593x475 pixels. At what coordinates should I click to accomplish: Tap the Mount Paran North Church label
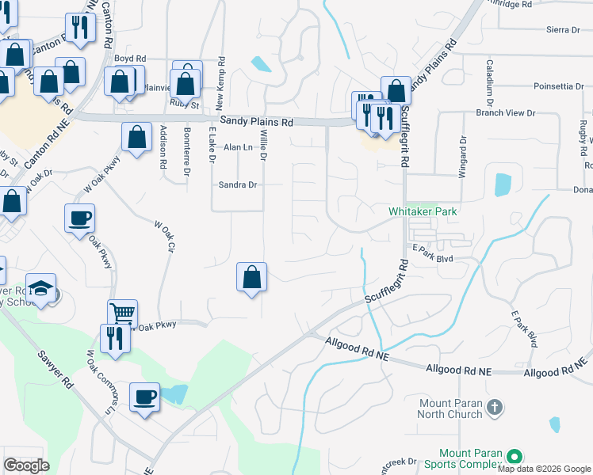(x=450, y=408)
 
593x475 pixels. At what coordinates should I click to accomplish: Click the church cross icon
(x=495, y=408)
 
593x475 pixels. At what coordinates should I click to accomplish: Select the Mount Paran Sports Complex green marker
(x=514, y=457)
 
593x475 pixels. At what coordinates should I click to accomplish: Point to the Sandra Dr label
(x=238, y=185)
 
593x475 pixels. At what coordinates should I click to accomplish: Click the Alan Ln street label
(x=237, y=147)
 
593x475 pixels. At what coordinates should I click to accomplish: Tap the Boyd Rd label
(x=130, y=59)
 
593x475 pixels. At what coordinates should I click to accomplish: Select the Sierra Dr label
(x=564, y=30)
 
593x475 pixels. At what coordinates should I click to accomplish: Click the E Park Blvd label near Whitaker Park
(x=432, y=258)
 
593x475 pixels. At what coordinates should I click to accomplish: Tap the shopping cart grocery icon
(x=123, y=312)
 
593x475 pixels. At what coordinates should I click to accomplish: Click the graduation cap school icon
(x=40, y=287)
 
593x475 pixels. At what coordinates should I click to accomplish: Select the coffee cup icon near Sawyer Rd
(x=144, y=396)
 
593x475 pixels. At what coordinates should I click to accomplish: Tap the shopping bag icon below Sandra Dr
(x=251, y=276)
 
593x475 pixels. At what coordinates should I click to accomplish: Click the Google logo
(x=26, y=465)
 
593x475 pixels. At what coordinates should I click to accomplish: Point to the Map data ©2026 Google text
(x=543, y=469)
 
